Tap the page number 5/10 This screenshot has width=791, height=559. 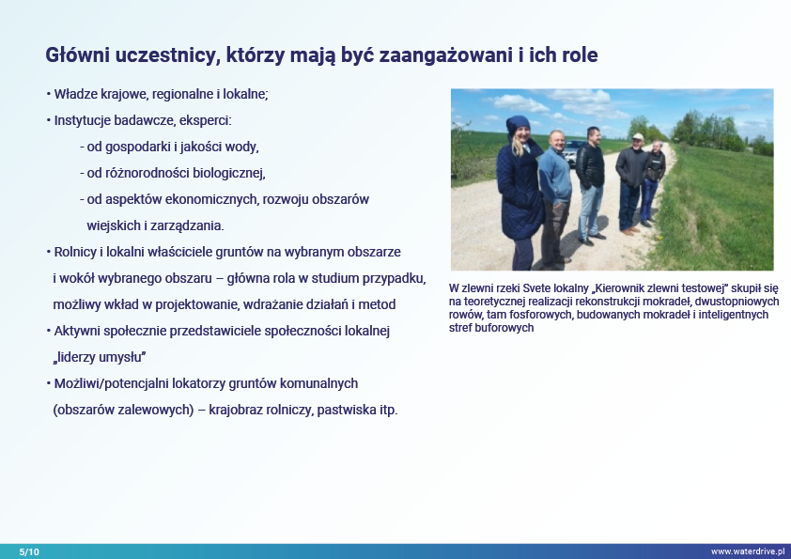[x=29, y=551]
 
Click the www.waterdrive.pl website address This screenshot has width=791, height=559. [x=748, y=551]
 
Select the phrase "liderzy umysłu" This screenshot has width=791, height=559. [x=100, y=357]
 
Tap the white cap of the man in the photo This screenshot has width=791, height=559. [x=638, y=136]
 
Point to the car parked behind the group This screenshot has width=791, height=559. [x=572, y=152]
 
